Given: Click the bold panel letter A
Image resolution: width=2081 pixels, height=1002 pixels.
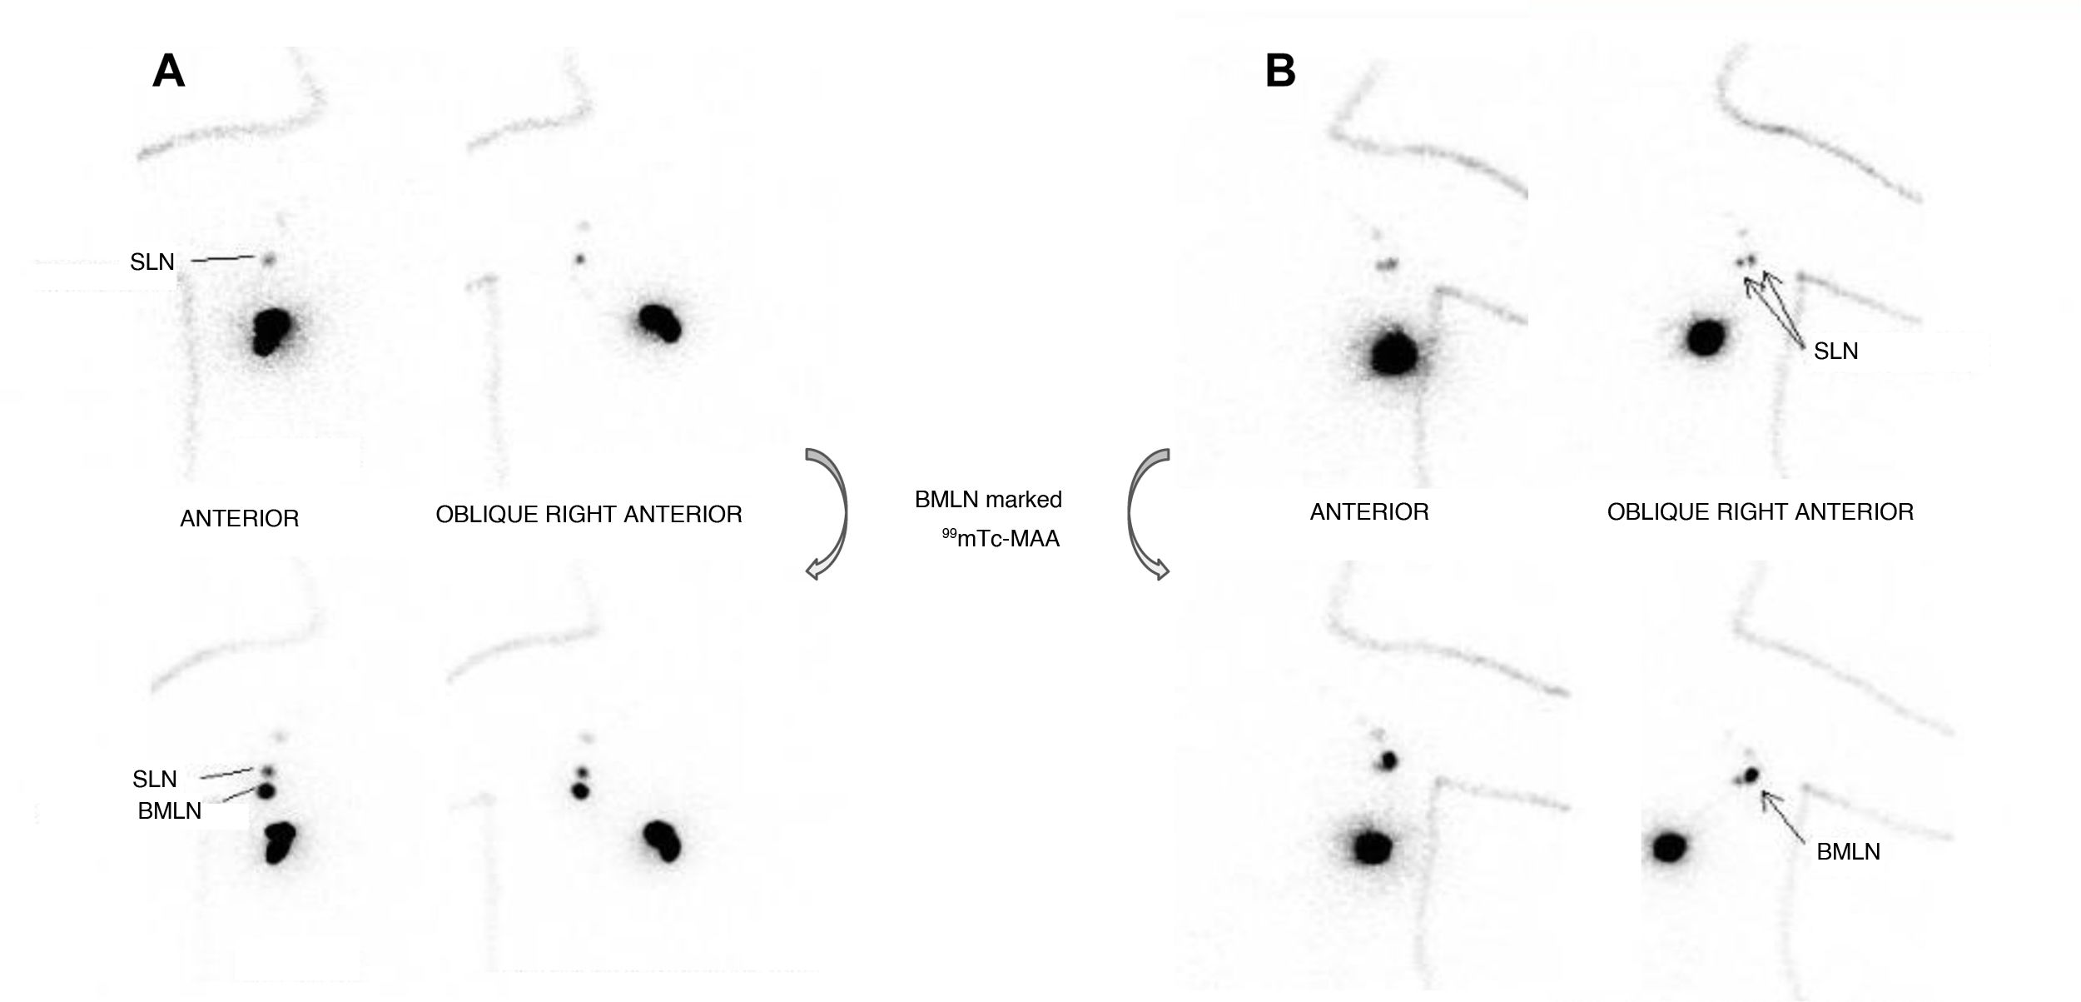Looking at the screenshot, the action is click(x=168, y=72).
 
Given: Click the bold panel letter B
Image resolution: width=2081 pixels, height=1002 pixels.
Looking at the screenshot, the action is click(x=1280, y=71).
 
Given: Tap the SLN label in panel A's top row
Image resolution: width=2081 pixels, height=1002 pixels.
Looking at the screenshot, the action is click(x=152, y=262).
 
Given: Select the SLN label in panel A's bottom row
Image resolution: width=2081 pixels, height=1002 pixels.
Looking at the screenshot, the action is click(x=155, y=780).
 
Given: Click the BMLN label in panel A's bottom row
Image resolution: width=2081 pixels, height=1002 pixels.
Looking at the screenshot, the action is click(x=170, y=811).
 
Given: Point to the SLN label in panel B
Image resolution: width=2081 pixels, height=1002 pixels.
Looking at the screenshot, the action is click(x=1835, y=351).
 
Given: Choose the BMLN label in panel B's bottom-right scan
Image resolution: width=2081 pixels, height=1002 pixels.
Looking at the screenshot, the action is click(x=1848, y=852).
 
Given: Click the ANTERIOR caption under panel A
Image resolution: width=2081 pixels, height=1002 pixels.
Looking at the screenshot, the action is click(x=239, y=519).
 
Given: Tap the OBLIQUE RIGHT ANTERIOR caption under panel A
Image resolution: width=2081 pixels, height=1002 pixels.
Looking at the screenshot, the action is click(x=589, y=515).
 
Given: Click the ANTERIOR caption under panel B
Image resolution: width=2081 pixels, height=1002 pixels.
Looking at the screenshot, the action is click(x=1369, y=512).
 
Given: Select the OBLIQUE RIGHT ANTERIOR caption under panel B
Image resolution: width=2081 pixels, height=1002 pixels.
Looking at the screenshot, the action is click(x=1760, y=512).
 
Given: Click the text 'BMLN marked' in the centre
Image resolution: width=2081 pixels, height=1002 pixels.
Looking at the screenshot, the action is click(x=988, y=500).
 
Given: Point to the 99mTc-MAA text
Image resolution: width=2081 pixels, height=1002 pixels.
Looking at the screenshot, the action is click(x=1001, y=539).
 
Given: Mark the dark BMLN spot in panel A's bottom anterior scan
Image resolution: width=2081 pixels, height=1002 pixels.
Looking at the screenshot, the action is click(x=267, y=790).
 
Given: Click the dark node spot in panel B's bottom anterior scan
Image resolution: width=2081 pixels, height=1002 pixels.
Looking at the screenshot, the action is click(x=1387, y=760).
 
